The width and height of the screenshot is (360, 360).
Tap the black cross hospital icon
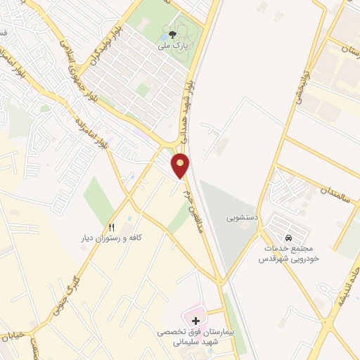point(195,321)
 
